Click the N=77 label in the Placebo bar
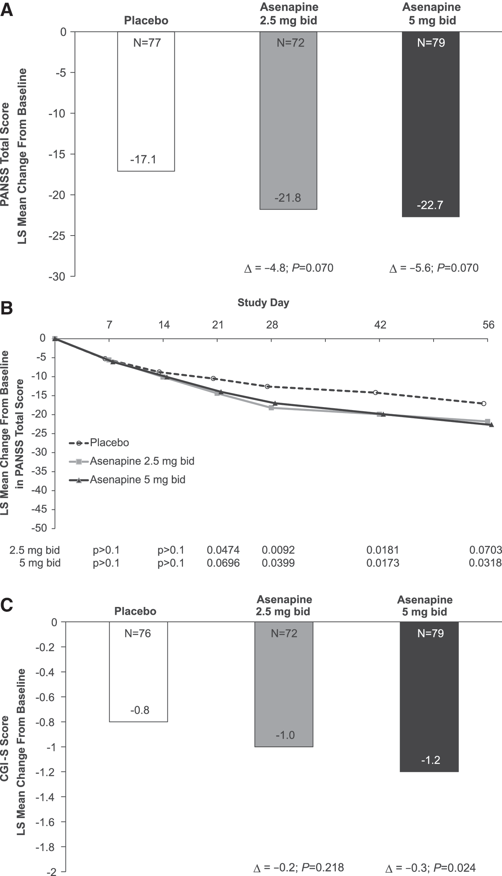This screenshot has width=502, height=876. pos(147,43)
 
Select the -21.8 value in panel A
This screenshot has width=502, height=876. pos(288,198)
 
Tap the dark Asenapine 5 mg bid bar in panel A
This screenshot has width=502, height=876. pos(431,124)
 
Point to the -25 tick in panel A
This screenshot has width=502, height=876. pos(57,236)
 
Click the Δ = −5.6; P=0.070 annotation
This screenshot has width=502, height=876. pos(434,268)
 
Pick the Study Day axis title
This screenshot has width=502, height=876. pos(263,303)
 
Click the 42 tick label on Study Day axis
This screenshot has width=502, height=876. pos(380,325)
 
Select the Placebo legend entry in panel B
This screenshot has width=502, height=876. pos(99,442)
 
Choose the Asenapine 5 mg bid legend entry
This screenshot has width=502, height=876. pos(127,480)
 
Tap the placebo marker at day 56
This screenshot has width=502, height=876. pos(483,403)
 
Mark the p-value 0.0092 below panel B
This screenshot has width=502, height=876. pos(278,550)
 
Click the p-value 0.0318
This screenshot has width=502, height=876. pos(485,563)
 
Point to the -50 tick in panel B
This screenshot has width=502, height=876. pos(39,528)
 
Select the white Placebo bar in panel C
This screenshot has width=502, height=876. pos(138,672)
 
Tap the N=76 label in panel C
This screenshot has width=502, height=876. pos(138,633)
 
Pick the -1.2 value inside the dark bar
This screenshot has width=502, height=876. pos(431,760)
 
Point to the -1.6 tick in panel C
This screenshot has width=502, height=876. pos(45,822)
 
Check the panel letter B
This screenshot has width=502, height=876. pos(7,308)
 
